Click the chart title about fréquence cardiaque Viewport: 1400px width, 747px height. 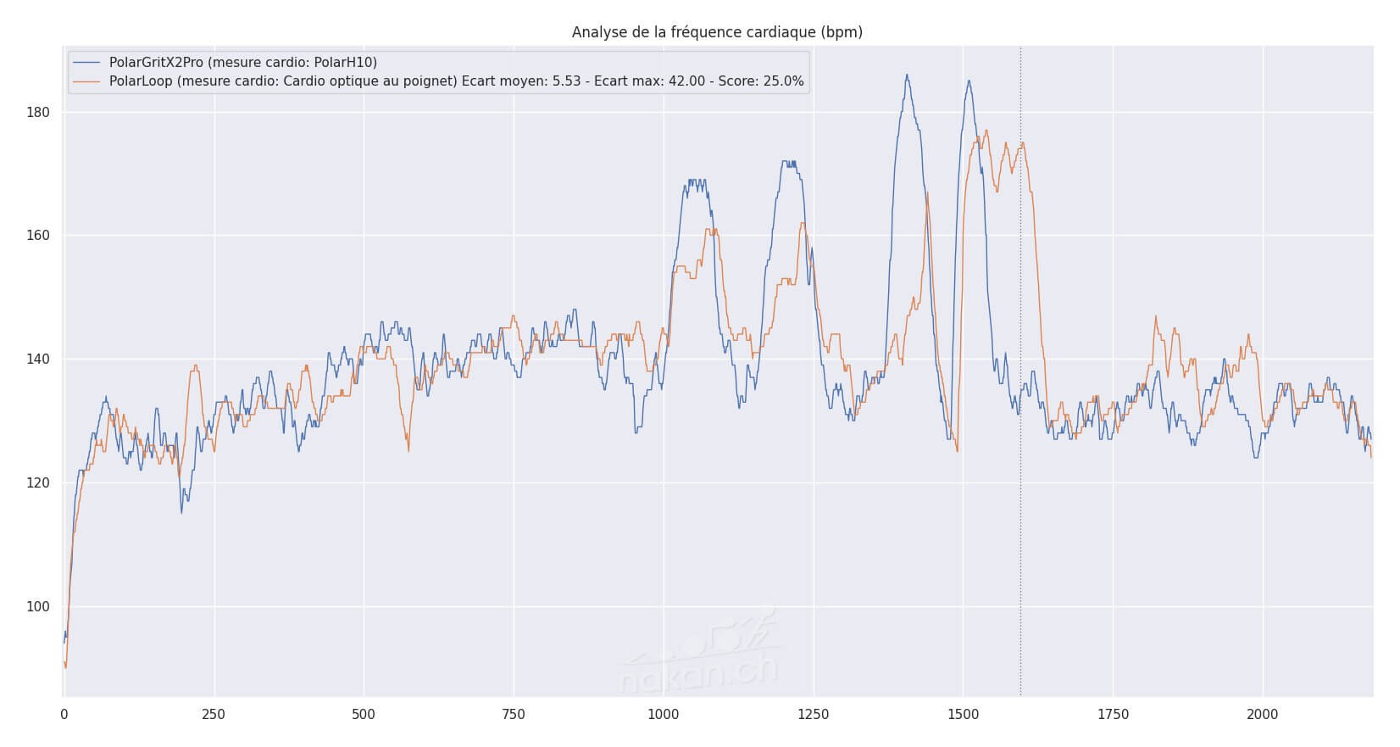(717, 32)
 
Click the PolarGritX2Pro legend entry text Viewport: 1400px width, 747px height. (243, 63)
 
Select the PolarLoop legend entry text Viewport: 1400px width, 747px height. (457, 82)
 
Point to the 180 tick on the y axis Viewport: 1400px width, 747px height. (39, 113)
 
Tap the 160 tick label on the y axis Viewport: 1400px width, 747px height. (39, 236)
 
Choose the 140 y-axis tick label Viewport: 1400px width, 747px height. (39, 360)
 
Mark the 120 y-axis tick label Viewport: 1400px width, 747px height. (39, 483)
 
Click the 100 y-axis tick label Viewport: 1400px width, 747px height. (39, 607)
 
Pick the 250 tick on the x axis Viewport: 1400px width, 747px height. (214, 715)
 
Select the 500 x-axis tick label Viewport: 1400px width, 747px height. (364, 715)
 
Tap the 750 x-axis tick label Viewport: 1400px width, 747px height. (514, 715)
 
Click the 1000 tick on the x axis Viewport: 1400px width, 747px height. (664, 715)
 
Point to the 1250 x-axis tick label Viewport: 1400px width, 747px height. (814, 715)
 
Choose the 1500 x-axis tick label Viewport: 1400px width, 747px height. (964, 715)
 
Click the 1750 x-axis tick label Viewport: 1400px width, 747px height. (1114, 715)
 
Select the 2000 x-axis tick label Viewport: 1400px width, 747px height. (1264, 715)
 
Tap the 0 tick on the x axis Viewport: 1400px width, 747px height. (64, 715)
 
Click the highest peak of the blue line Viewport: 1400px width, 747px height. (907, 75)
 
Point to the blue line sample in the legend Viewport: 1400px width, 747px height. (86, 63)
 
